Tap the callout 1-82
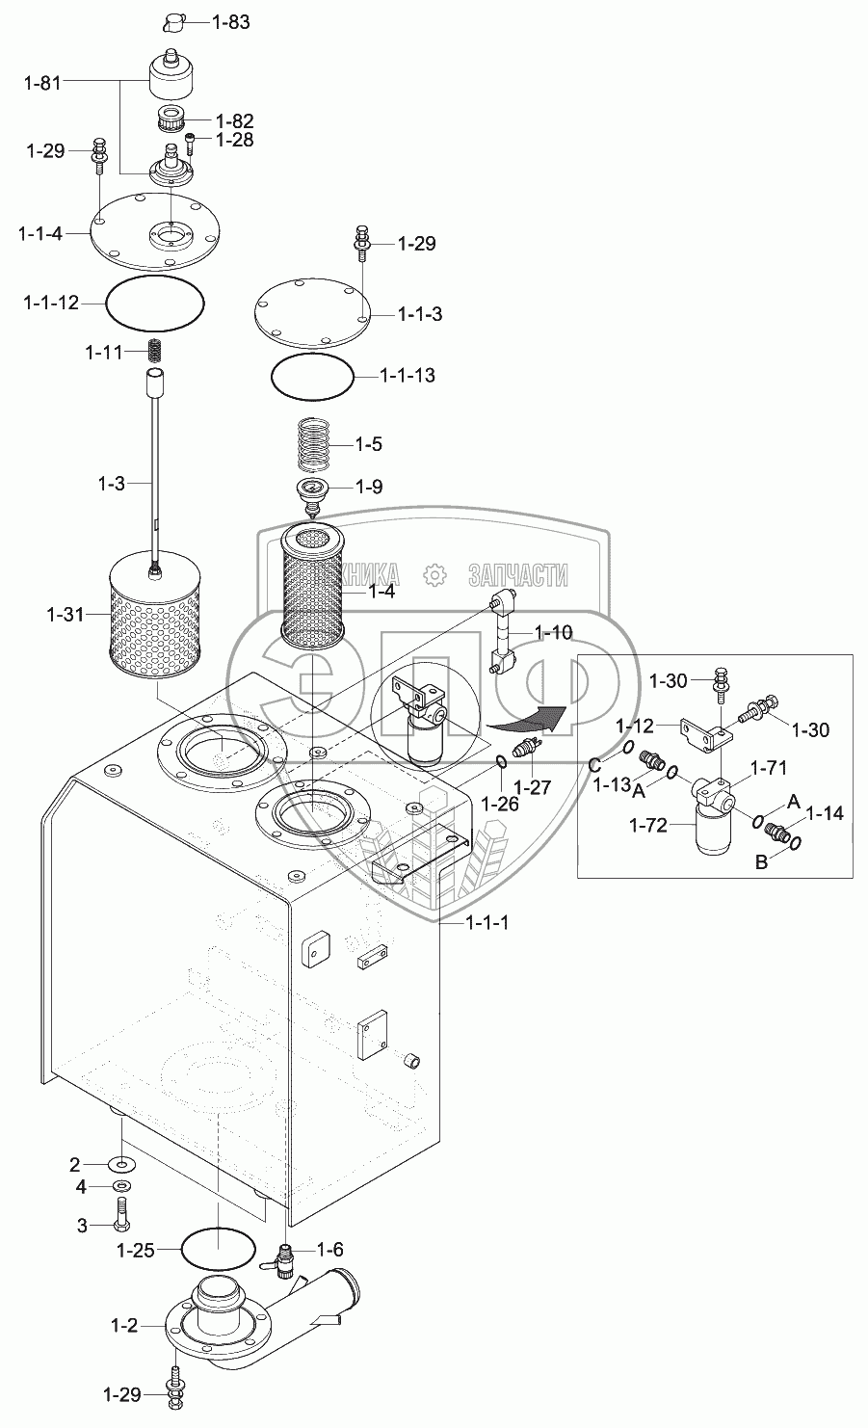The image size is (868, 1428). pyautogui.click(x=234, y=121)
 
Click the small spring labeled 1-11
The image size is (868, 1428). pyautogui.click(x=155, y=352)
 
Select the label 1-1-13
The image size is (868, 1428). pyautogui.click(x=407, y=375)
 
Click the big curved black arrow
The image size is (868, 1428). pyautogui.click(x=526, y=714)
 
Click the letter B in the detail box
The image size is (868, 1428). pyautogui.click(x=760, y=862)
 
